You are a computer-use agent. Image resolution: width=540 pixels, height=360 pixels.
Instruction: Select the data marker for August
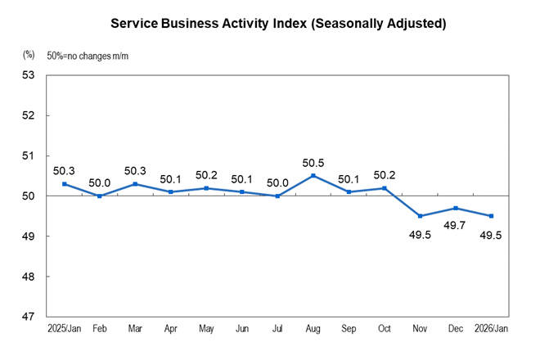coord(313,176)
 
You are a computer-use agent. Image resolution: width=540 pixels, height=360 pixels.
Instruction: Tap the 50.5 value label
coord(313,162)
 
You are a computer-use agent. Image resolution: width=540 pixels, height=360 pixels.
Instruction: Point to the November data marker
coord(420,216)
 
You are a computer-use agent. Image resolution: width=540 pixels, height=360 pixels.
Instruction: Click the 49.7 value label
coord(455,225)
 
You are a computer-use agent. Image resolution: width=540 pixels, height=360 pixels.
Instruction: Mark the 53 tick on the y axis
coord(32,75)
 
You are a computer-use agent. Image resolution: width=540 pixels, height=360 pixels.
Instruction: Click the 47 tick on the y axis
coord(32,317)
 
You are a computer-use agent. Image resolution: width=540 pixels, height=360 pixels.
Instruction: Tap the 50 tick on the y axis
coord(32,196)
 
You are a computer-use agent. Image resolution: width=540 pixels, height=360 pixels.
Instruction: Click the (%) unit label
coord(29,56)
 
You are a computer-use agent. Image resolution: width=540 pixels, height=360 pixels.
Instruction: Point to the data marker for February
coord(100,196)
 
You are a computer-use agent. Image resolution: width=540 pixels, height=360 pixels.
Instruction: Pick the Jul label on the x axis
coord(277,328)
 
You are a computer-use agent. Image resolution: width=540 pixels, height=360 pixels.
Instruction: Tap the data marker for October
coord(385,188)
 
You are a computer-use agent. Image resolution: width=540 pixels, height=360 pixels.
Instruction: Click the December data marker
coord(455,208)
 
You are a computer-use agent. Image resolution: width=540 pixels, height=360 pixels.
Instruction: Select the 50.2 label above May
coord(206,175)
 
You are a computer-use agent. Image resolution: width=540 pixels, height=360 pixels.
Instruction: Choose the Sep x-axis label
coord(349,328)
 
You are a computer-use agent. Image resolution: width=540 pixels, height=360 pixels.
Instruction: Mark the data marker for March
coord(135,184)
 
